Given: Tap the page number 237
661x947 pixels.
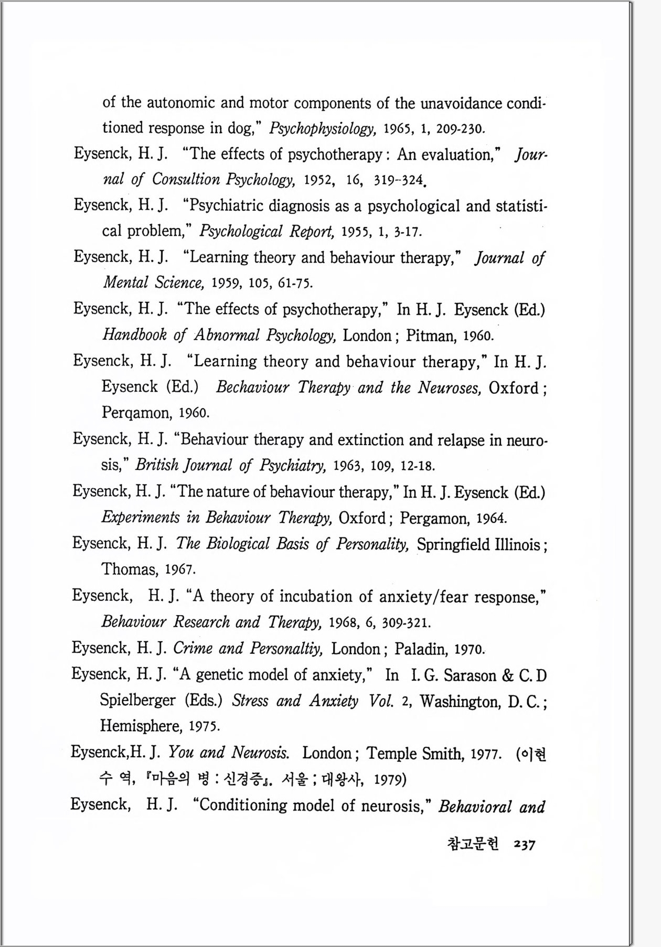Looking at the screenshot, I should click(x=525, y=844).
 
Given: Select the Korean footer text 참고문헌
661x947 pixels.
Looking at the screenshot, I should click(x=473, y=844).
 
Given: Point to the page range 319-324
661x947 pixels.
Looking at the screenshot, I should click(x=398, y=180).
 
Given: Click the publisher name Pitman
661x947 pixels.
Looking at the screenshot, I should click(x=430, y=336).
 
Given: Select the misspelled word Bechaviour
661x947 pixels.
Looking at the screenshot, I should click(x=252, y=388).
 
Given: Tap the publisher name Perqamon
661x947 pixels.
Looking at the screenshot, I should click(x=136, y=413).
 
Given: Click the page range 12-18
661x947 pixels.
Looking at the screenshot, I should click(x=418, y=466).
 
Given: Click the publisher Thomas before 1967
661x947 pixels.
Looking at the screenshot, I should click(x=129, y=569).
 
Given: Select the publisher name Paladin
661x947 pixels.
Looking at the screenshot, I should click(x=421, y=649).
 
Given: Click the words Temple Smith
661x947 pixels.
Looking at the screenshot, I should click(x=414, y=754).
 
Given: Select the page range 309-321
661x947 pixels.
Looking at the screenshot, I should click(x=406, y=623).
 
